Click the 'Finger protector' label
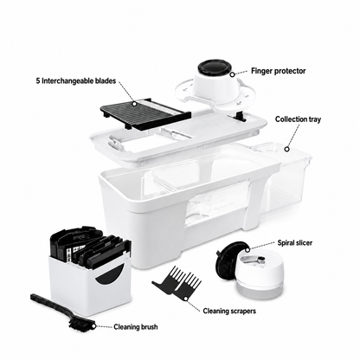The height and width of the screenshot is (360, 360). point(278,71)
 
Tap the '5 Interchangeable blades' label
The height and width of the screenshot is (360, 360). point(76,80)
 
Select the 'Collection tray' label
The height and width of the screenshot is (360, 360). point(298,119)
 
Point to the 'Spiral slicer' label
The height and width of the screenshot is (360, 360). point(295,242)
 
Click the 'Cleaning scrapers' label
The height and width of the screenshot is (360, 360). point(229,311)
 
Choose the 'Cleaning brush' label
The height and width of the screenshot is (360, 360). point(136,327)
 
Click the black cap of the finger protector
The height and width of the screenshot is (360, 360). point(215,67)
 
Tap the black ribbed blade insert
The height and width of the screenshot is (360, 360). point(145,113)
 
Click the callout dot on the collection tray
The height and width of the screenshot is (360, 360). point(286,149)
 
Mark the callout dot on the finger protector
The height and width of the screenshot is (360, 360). point(232,74)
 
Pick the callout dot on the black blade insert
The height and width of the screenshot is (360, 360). point(134,103)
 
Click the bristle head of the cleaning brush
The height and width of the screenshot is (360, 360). point(81,325)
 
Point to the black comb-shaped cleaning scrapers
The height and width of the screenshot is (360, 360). point(178,284)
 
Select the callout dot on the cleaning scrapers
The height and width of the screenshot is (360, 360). point(186,298)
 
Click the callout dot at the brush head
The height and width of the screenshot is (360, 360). point(93,326)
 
